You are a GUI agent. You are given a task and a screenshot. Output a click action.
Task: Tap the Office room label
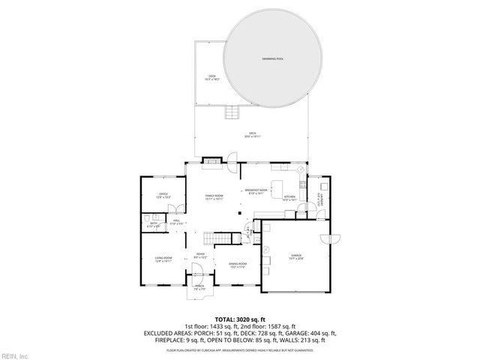[x=163, y=196]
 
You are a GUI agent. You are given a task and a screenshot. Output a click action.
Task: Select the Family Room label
[x=215, y=196]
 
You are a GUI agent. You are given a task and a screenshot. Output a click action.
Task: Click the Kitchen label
[x=289, y=198]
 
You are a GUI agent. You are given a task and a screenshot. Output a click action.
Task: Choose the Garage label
[x=296, y=256]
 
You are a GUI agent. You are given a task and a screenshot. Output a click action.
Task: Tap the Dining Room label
[x=238, y=266]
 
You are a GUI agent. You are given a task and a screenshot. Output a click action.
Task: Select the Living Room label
[x=163, y=259]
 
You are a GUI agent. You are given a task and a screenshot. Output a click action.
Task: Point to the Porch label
[x=200, y=286]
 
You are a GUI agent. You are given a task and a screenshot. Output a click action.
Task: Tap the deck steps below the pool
[x=232, y=113]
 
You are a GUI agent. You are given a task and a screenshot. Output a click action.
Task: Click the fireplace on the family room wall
[x=212, y=160]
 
